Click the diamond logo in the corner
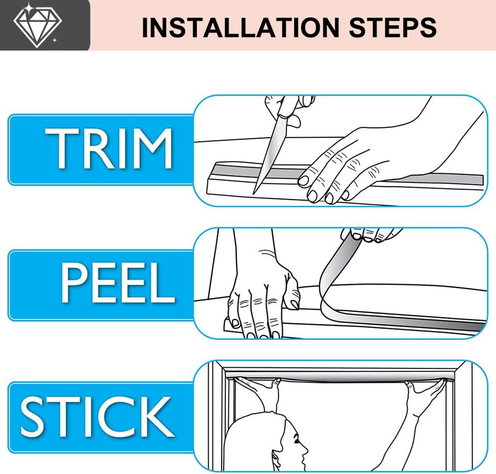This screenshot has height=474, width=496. coord(37,25)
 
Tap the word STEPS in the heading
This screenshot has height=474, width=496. coord(393,27)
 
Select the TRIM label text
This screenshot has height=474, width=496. coord(109,149)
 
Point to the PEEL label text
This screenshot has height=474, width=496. coord(117,283)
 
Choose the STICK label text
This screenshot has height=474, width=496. coord(98,417)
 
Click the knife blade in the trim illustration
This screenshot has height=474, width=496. coord(266,155)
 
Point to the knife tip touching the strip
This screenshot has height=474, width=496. coord(254,193)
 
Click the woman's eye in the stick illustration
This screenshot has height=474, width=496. coord(297,439)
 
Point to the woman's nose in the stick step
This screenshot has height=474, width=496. coord(305,448)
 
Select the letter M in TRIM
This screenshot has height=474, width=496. coord(153,149)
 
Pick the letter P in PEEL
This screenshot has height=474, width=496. coord(73,283)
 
